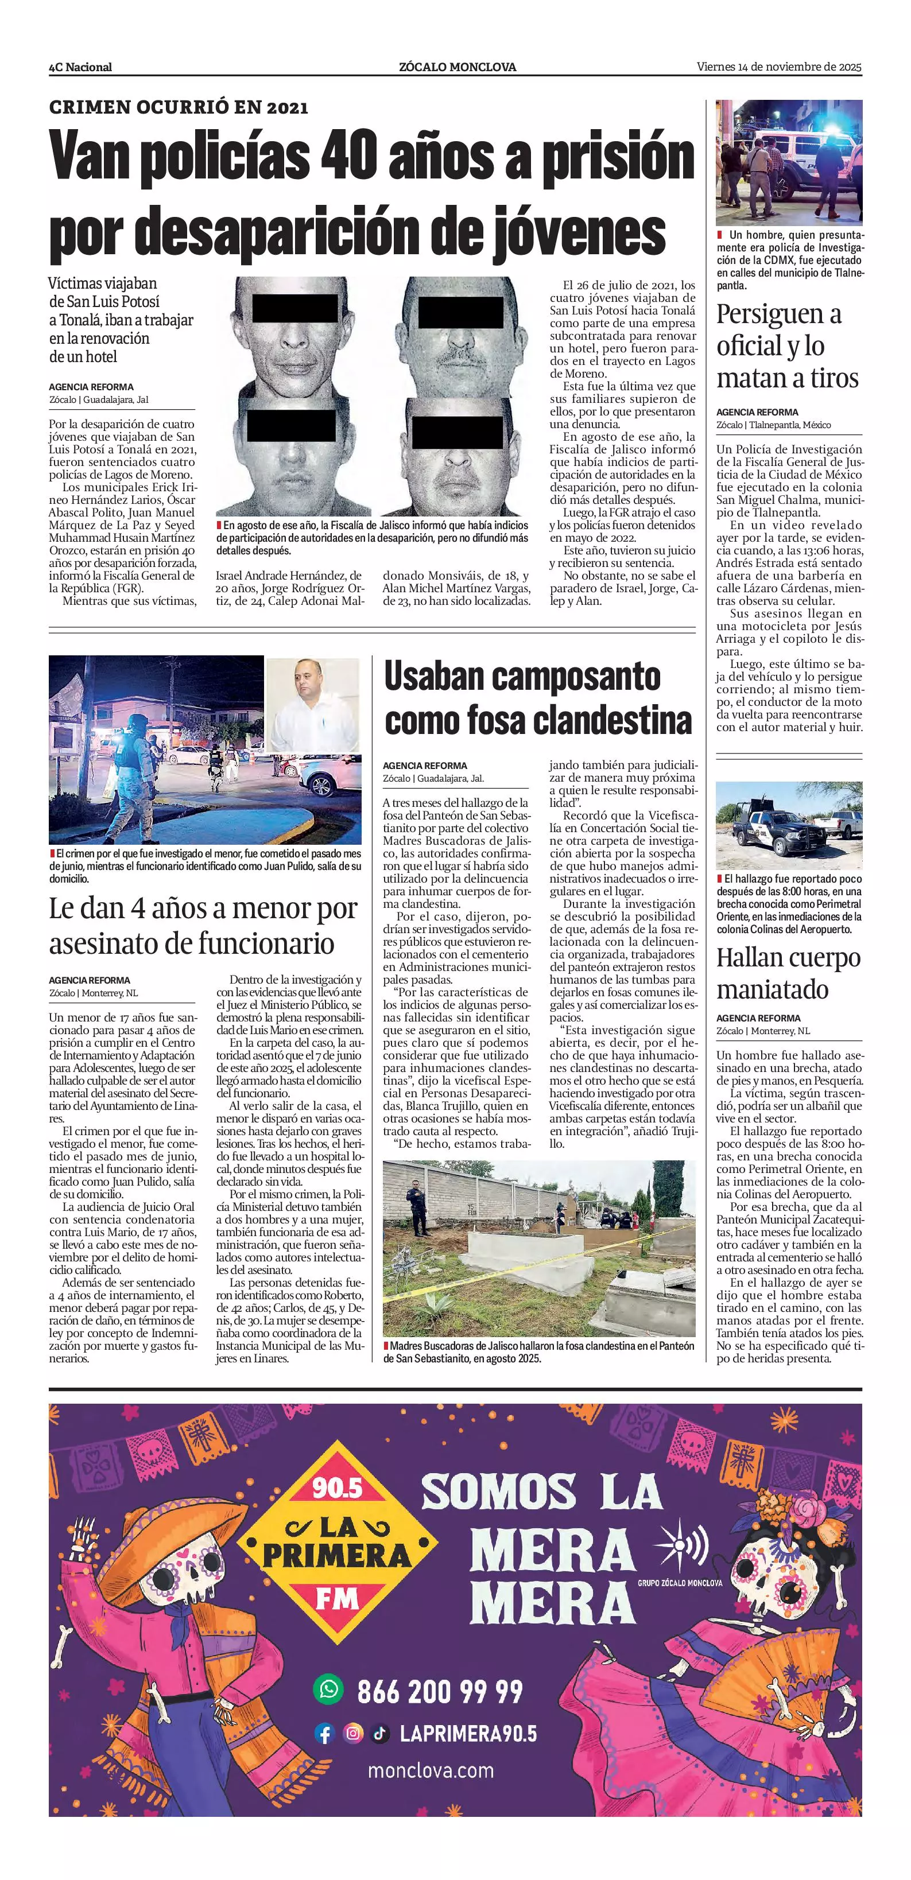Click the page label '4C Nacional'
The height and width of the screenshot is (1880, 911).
80,67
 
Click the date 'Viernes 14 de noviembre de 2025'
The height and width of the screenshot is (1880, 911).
779,67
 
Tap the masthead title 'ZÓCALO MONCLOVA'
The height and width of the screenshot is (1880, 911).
457,67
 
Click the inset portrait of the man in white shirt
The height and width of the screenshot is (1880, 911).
313,704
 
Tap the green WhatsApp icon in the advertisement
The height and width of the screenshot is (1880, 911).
328,1688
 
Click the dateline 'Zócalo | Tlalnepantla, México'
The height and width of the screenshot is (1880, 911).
773,425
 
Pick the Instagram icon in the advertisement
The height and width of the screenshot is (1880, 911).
352,1733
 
